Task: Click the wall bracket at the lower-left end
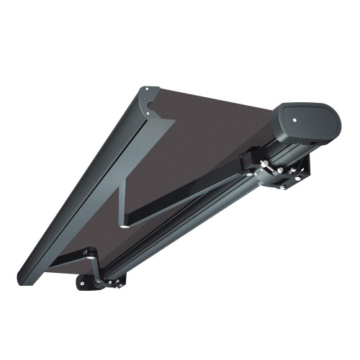pyautogui.click(x=88, y=283)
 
